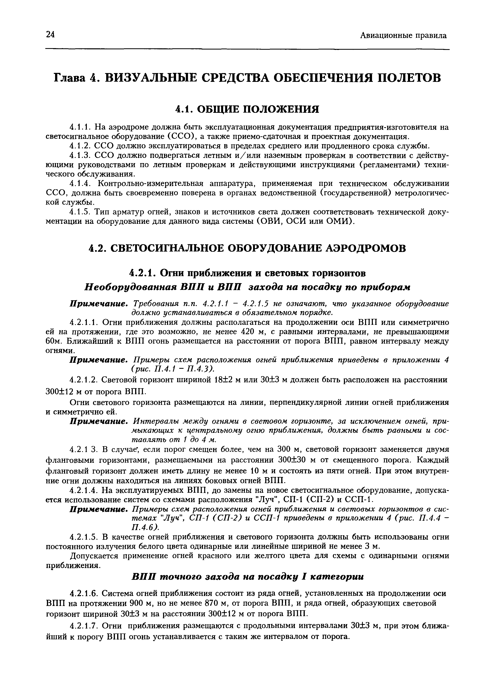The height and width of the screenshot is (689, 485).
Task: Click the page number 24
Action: [50, 35]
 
